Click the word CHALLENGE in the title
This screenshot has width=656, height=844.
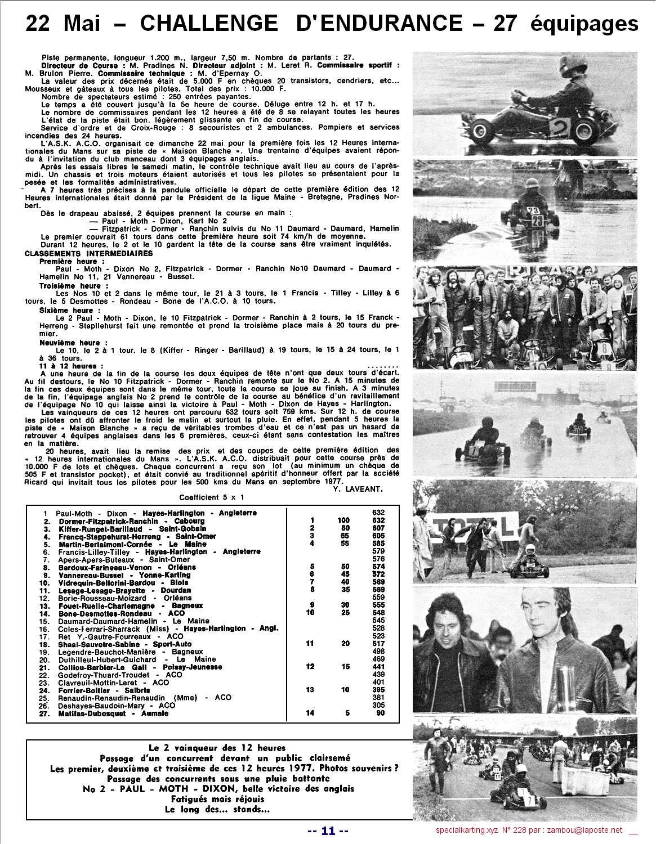208,23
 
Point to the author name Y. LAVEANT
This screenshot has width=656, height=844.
354,488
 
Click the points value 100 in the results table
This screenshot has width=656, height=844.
343,520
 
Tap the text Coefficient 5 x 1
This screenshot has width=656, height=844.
212,497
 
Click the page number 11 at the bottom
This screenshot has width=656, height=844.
329,830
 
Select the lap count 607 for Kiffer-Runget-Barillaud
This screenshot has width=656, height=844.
378,528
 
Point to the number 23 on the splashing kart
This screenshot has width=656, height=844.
533,211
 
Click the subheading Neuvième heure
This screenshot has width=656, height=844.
69,342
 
